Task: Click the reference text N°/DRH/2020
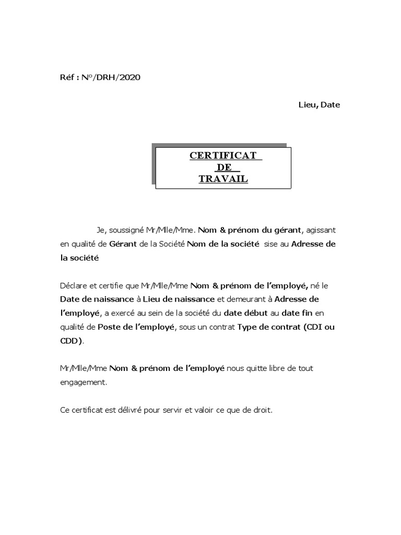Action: pos(111,78)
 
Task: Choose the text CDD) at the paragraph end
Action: pos(72,341)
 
